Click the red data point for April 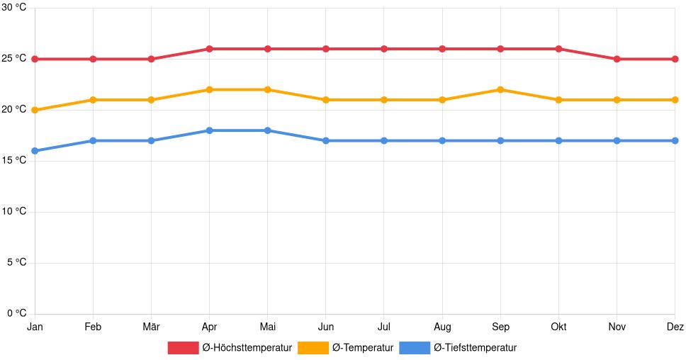[x=209, y=49]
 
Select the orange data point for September [x=500, y=89]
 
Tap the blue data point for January [x=35, y=151]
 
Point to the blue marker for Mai [x=267, y=130]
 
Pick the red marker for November [x=617, y=59]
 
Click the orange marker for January [x=35, y=110]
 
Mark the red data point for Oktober [x=558, y=49]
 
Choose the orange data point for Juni [x=325, y=100]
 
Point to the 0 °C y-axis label [x=16, y=313]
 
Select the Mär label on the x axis [x=151, y=327]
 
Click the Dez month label [x=675, y=327]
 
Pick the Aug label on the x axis [x=442, y=327]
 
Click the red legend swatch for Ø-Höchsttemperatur [x=183, y=348]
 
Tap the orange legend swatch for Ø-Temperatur [x=313, y=348]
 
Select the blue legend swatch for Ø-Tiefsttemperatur [x=415, y=348]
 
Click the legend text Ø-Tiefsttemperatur [x=475, y=348]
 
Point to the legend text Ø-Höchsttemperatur [x=247, y=348]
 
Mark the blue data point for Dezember [x=675, y=140]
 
